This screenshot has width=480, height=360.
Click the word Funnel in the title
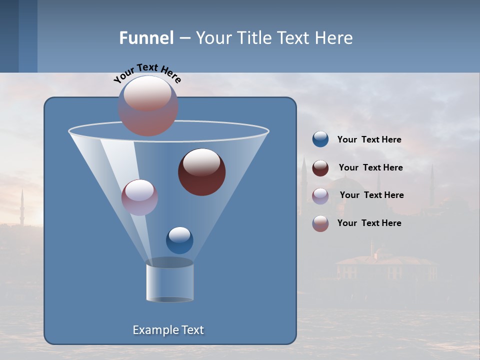146,38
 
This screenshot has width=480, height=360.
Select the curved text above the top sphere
147,73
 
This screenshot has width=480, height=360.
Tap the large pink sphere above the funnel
148,105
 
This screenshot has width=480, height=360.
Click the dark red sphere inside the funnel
201,172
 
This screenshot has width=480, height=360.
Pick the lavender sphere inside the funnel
139,197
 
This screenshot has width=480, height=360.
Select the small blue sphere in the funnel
179,240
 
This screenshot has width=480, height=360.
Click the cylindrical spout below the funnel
169,281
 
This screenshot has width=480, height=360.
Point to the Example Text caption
168,330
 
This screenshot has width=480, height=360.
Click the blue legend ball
320,139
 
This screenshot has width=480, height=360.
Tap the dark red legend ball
320,168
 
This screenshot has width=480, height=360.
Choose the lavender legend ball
320,195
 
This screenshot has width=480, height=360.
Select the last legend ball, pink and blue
320,223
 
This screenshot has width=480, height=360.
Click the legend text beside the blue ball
369,140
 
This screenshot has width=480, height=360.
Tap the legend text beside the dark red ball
370,168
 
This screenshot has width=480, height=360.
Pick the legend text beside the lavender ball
371,195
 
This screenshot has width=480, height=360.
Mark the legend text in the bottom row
369,223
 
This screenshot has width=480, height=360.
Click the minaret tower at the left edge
22,207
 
